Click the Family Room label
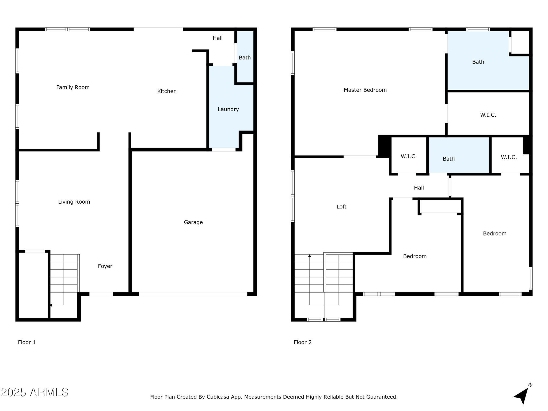(73, 87)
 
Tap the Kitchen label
(167, 91)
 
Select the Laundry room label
(228, 109)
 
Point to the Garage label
(193, 222)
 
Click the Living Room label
(74, 202)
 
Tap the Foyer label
(105, 266)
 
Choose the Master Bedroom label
(365, 90)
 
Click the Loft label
(341, 207)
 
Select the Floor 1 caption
(27, 342)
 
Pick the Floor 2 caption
(303, 342)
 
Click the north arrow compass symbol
(522, 395)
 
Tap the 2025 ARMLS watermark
(35, 393)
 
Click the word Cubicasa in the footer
(218, 397)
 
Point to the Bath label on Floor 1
(245, 58)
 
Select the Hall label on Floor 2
(419, 188)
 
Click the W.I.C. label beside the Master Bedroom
(488, 115)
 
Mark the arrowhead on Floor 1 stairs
(51, 305)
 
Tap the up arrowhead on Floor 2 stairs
(310, 256)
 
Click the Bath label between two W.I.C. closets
(449, 159)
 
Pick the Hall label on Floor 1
(218, 38)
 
